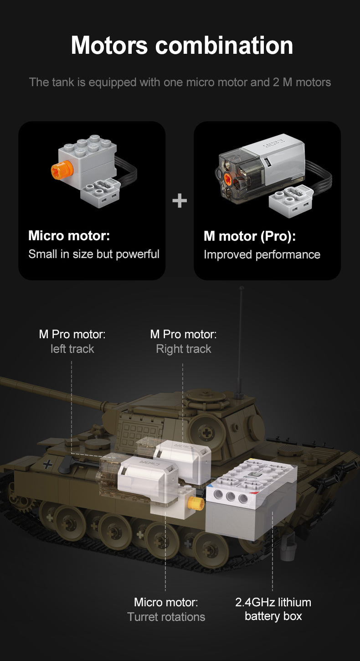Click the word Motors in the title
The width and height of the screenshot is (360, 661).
coord(109,46)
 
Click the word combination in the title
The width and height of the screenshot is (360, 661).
coord(224,46)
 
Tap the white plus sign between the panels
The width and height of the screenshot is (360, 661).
coord(180,201)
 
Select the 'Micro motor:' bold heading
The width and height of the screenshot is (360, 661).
coord(69,236)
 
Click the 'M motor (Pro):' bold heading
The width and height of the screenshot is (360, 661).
coord(250,237)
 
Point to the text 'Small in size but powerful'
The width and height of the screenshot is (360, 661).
coord(94,254)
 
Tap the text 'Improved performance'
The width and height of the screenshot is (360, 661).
coord(262,255)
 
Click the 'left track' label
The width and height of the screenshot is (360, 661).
coord(72,349)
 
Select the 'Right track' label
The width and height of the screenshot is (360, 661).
coord(184,349)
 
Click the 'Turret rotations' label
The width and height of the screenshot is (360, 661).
coord(166,617)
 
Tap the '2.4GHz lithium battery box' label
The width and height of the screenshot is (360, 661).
coord(273,609)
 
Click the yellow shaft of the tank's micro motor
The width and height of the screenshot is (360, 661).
coord(196,504)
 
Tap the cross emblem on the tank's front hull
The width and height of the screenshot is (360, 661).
coord(47,465)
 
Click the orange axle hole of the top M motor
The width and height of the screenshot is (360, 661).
coord(227,179)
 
